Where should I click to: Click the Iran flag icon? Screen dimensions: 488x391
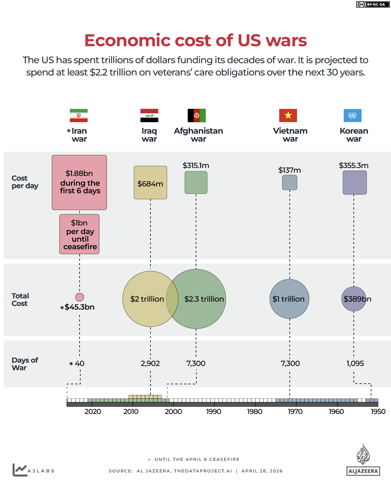tap(78, 116)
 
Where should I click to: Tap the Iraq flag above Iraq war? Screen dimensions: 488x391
tap(149, 116)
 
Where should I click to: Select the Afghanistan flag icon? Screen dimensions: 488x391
tap(197, 116)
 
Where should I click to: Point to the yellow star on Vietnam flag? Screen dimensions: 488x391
tap(288, 115)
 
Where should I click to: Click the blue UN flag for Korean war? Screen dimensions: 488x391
tap(352, 116)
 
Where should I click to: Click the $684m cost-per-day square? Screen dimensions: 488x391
tap(150, 183)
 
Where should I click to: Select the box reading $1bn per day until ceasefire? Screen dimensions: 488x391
tap(80, 234)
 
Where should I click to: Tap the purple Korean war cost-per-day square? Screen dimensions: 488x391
tap(354, 183)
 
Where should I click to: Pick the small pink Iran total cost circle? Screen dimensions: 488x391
tap(80, 297)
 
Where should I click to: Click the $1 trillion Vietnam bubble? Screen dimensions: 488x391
tap(289, 299)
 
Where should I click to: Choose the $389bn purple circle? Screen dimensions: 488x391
tap(354, 299)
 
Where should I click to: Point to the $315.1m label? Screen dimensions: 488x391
tap(196, 165)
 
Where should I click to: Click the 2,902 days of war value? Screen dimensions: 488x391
tap(150, 363)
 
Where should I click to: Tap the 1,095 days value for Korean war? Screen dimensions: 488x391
tap(355, 363)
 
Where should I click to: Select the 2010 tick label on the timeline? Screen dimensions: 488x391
tap(131, 411)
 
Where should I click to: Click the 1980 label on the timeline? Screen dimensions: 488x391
tap(255, 411)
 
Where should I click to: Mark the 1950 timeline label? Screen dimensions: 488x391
tap(378, 411)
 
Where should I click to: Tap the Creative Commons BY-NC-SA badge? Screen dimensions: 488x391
tap(373, 4)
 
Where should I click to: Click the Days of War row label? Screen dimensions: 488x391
tap(25, 364)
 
